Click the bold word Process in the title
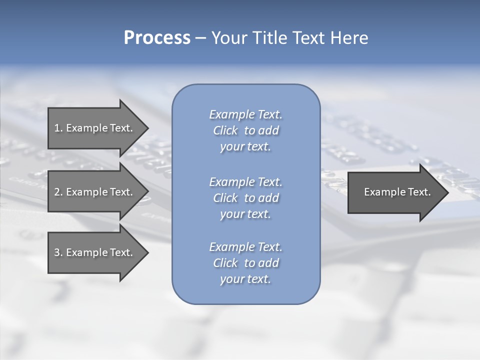pyautogui.click(x=157, y=38)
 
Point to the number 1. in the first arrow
pyautogui.click(x=58, y=128)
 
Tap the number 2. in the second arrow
pyautogui.click(x=58, y=192)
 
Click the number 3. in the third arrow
pyautogui.click(x=58, y=252)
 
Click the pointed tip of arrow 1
pyautogui.click(x=146, y=128)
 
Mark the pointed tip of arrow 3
pyautogui.click(x=146, y=252)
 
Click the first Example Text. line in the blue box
pyautogui.click(x=245, y=114)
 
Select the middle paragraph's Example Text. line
pyautogui.click(x=245, y=181)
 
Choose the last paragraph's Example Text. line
pyautogui.click(x=245, y=247)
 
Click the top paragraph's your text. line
pyautogui.click(x=245, y=147)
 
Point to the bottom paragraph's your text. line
pyautogui.click(x=245, y=279)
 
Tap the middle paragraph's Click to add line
pyautogui.click(x=245, y=198)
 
